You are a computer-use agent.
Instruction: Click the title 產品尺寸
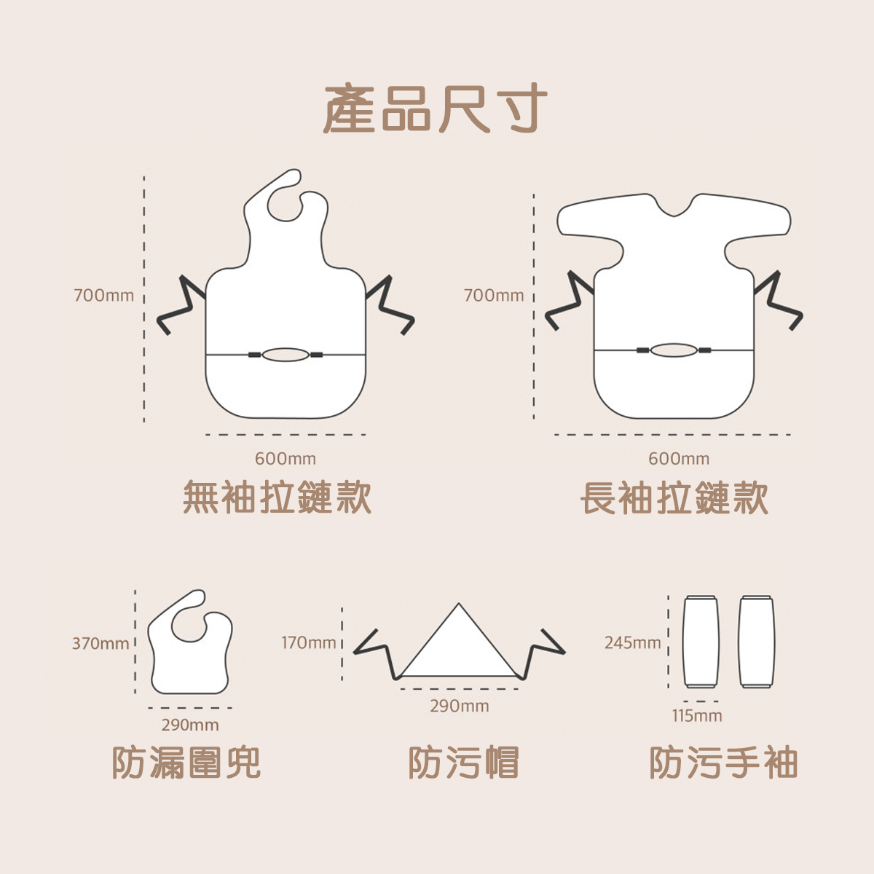(x=436, y=109)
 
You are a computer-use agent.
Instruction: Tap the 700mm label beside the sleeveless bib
(x=104, y=296)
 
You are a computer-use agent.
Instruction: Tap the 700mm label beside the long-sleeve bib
(x=494, y=296)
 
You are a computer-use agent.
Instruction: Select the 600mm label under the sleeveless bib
(x=286, y=459)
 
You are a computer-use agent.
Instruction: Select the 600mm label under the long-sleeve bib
(x=679, y=459)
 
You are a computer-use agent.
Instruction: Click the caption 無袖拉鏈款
(x=277, y=498)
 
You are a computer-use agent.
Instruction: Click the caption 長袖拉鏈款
(x=674, y=498)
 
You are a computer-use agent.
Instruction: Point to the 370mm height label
(x=100, y=644)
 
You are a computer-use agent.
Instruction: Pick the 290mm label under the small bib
(x=190, y=725)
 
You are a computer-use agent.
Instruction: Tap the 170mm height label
(x=309, y=643)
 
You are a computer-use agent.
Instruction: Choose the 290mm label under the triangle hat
(x=460, y=706)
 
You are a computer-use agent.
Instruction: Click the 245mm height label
(x=632, y=643)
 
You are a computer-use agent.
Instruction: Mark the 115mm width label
(x=697, y=716)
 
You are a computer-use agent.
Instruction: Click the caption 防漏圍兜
(x=186, y=763)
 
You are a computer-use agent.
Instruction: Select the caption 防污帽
(x=463, y=763)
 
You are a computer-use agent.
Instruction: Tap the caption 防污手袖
(x=723, y=763)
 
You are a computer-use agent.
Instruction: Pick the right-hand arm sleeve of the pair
(x=757, y=642)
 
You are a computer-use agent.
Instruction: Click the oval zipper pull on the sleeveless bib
(x=286, y=355)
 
